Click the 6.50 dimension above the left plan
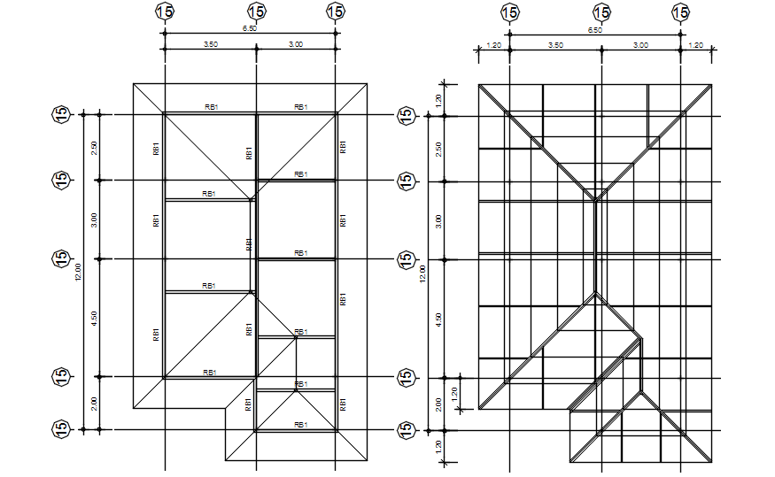click(x=250, y=28)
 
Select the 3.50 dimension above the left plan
click(x=211, y=44)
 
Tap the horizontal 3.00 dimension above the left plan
click(x=296, y=44)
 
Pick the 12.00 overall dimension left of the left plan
click(x=78, y=273)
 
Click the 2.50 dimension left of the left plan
click(x=95, y=148)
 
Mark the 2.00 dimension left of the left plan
click(x=95, y=404)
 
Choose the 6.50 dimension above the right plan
click(x=595, y=29)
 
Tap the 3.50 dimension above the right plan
click(x=555, y=44)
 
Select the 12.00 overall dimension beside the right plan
click(x=422, y=273)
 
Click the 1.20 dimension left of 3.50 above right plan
click(x=494, y=44)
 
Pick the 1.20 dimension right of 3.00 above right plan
click(x=695, y=44)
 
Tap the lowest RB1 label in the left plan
click(x=300, y=425)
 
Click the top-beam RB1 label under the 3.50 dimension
click(x=211, y=107)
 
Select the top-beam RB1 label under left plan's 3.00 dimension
click(x=300, y=107)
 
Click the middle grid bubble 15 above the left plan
click(x=256, y=12)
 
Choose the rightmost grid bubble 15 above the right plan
click(x=680, y=12)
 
